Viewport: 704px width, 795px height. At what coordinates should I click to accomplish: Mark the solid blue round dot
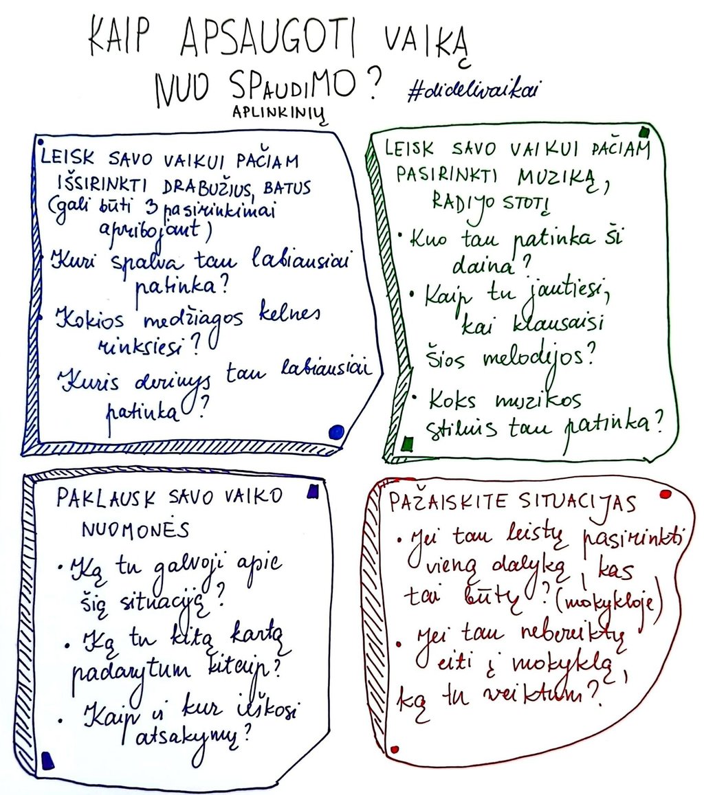point(336,432)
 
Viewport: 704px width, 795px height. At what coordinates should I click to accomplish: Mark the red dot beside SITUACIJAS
point(665,495)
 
